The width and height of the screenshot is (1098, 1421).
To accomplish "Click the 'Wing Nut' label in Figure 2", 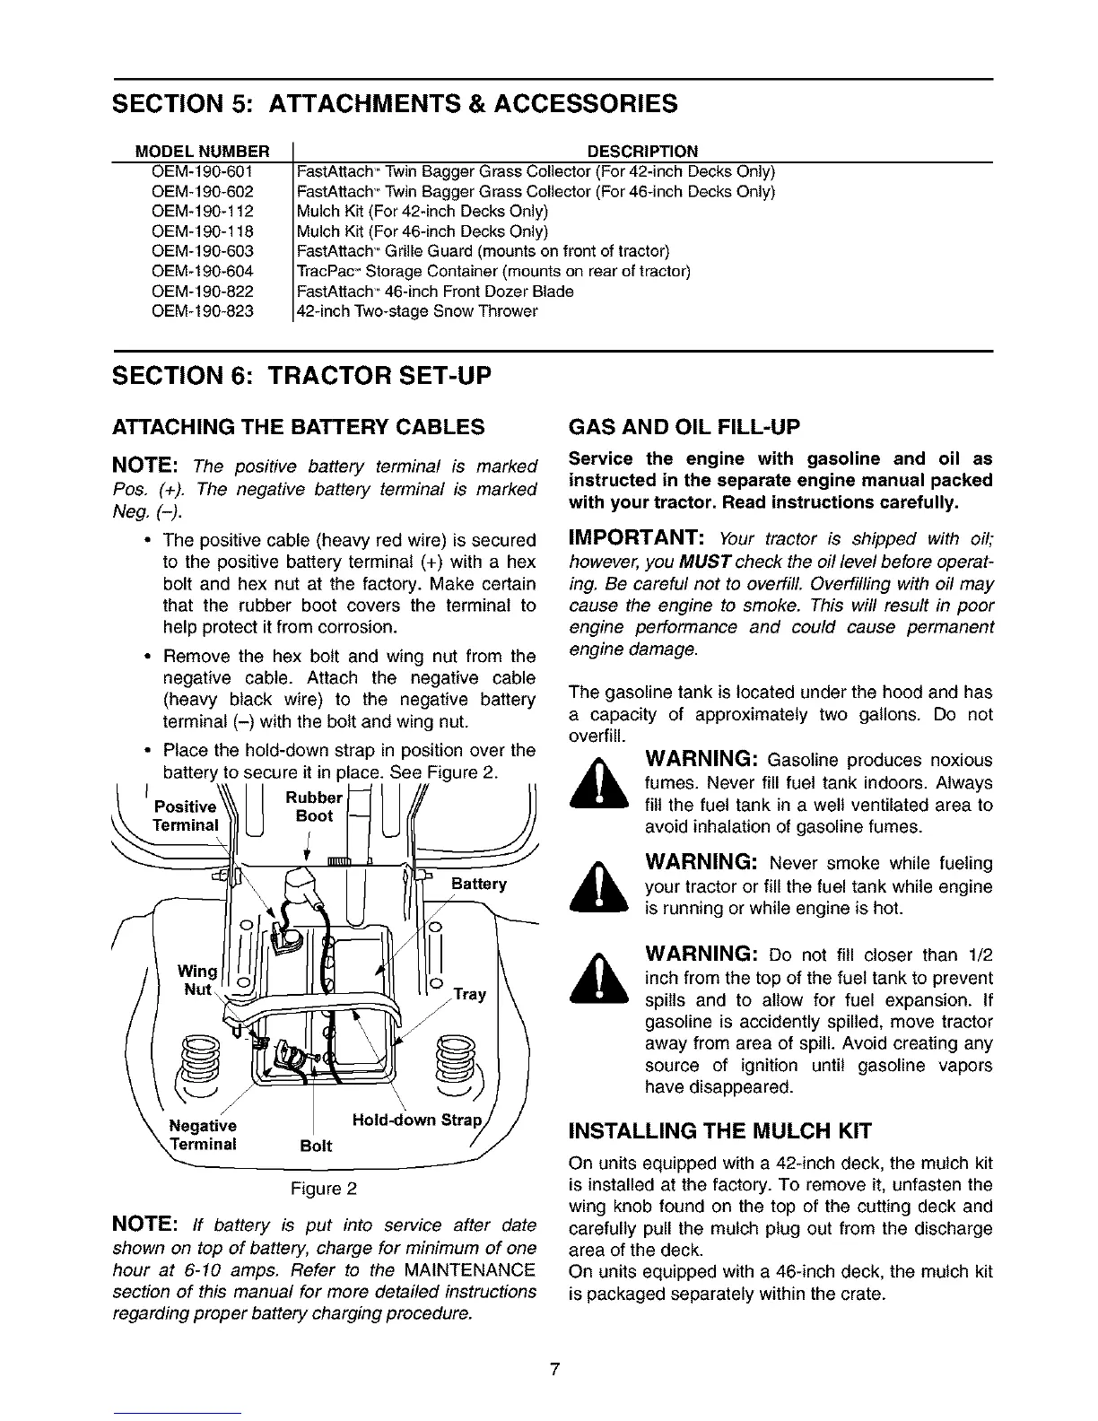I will tap(196, 980).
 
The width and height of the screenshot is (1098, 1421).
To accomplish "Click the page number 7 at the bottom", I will tap(555, 1369).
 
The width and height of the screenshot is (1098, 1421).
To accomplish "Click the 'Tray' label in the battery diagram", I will tap(469, 994).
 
